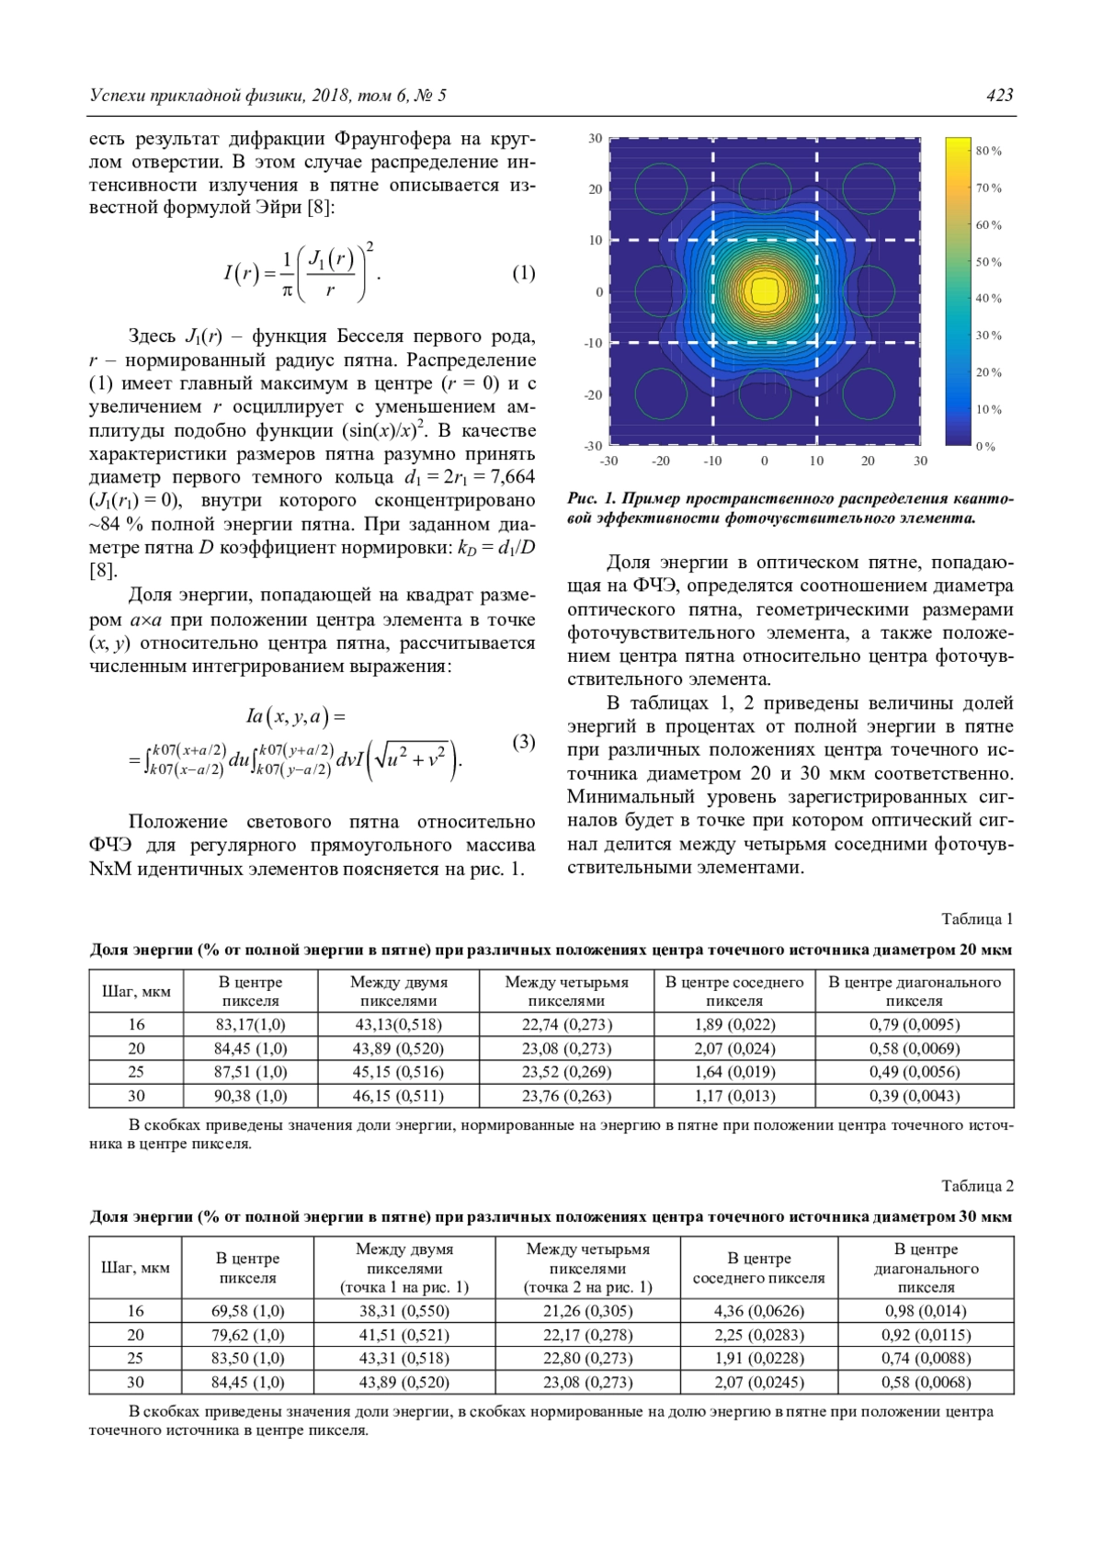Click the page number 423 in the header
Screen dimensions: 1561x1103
point(999,96)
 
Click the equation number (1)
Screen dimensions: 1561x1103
point(523,273)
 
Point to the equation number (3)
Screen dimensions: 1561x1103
point(523,742)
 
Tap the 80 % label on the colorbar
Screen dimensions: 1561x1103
point(988,151)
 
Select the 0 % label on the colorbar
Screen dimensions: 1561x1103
point(985,447)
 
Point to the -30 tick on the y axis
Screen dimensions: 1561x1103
point(594,446)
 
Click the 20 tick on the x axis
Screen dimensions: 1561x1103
point(868,461)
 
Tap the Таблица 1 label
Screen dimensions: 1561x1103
point(977,918)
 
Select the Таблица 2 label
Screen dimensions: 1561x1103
point(977,1186)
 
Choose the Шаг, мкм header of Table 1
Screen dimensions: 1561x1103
point(136,992)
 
